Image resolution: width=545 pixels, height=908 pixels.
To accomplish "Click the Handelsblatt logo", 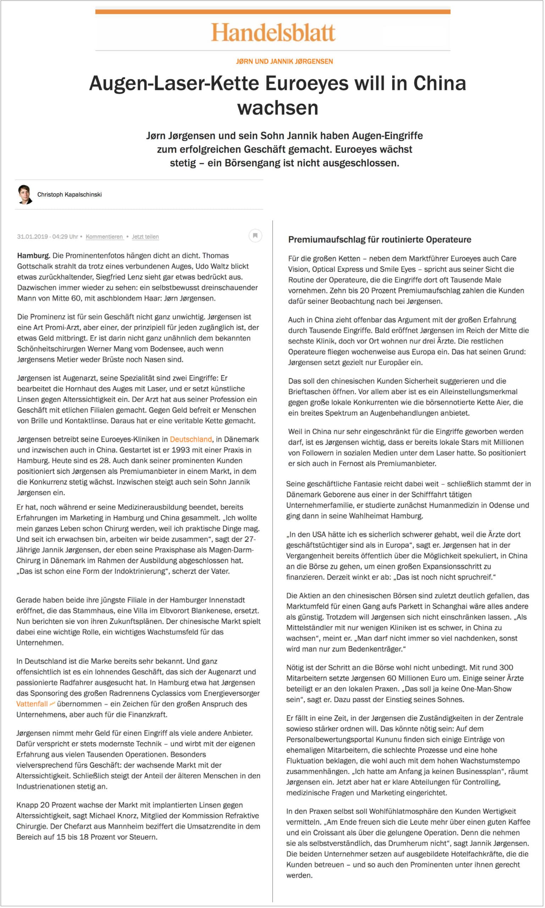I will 272,32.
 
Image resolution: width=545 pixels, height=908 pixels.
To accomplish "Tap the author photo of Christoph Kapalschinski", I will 24,194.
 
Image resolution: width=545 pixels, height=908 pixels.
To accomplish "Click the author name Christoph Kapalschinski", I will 70,194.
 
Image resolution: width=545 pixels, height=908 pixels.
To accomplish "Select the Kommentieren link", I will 104,237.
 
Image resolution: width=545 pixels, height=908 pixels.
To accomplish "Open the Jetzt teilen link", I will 145,237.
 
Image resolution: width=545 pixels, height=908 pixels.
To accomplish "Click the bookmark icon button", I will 255,235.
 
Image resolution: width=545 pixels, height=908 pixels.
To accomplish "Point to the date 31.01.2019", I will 32,237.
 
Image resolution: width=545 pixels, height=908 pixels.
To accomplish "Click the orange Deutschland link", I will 191,439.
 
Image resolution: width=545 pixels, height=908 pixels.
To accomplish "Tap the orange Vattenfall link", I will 32,704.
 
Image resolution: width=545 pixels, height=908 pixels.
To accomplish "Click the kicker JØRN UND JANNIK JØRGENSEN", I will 284,61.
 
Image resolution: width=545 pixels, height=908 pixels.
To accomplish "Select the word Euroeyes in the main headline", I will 307,83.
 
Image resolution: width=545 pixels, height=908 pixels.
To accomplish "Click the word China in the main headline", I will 439,83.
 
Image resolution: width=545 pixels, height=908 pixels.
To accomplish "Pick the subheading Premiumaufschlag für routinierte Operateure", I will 379,240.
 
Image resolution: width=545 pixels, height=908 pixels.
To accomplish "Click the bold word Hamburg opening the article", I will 33,256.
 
